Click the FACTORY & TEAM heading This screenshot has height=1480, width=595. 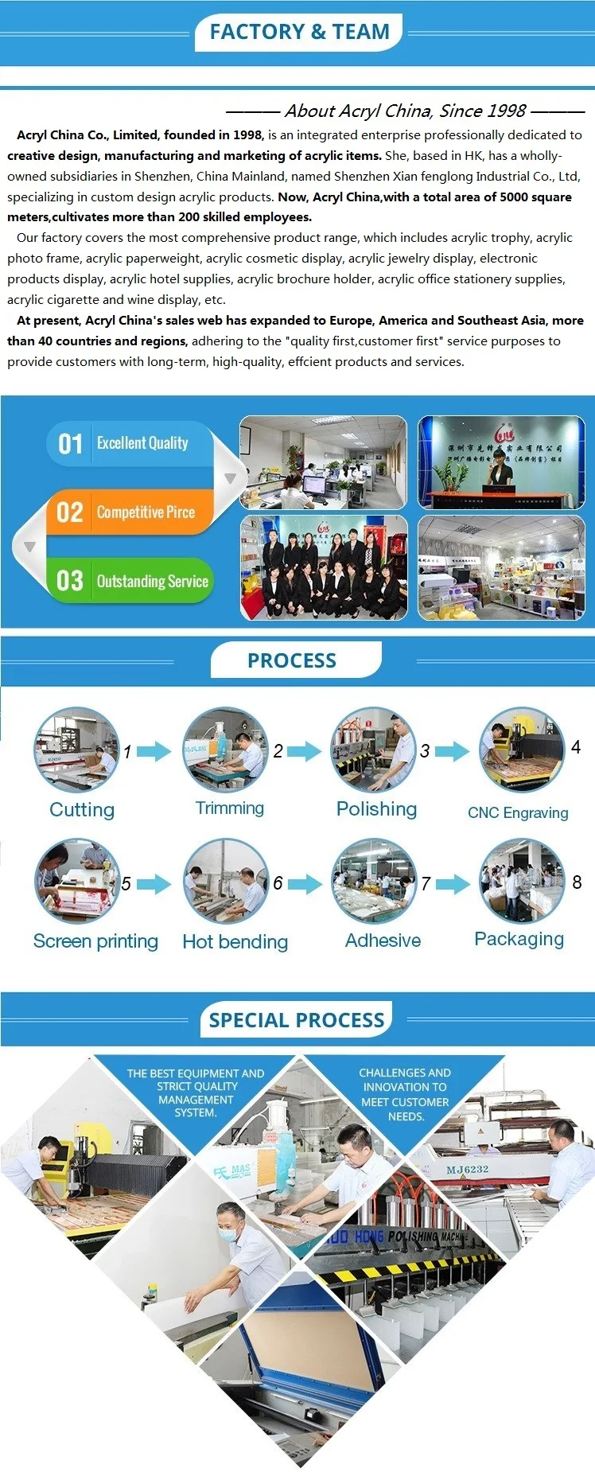299,32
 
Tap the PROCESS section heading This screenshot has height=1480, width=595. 292,660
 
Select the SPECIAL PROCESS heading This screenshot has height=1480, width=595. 297,1020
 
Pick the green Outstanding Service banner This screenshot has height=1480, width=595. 131,581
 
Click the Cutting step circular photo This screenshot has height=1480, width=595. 76,750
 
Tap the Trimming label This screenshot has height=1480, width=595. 230,808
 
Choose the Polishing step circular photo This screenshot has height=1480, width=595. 373,750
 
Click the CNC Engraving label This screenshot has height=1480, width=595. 518,812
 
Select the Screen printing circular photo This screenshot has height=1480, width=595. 76,881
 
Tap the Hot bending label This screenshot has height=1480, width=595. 235,942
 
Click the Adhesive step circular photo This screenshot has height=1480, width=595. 374,881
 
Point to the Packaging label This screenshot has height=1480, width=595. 519,939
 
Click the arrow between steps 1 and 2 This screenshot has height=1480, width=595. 154,751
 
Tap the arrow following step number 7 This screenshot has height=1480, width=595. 453,883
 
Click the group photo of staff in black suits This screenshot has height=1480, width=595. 324,567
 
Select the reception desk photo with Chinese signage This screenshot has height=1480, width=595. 501,462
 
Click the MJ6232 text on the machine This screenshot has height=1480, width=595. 467,1169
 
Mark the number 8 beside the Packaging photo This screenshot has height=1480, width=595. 577,882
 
